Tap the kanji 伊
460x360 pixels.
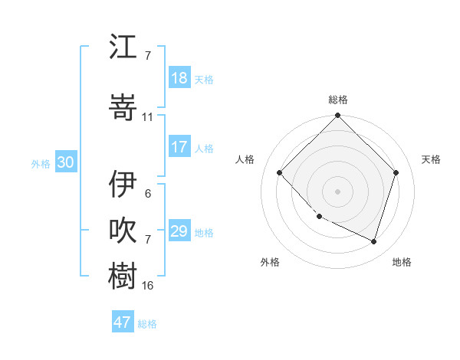(123, 185)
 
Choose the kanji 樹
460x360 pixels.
(123, 276)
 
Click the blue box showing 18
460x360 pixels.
(179, 78)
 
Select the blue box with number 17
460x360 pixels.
(179, 147)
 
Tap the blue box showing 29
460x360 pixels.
(179, 231)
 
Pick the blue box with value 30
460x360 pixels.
(65, 162)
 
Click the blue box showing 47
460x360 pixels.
(123, 322)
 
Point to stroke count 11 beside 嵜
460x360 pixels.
(148, 117)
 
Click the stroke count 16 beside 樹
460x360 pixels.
(148, 286)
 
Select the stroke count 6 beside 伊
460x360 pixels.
(148, 193)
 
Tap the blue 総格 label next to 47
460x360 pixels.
(147, 324)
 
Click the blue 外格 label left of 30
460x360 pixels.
(41, 163)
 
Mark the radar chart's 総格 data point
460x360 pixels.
(337, 116)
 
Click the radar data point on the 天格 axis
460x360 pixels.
(396, 172)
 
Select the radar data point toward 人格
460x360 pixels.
(280, 172)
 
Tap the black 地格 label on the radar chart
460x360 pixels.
(402, 262)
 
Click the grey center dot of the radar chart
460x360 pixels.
(337, 191)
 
